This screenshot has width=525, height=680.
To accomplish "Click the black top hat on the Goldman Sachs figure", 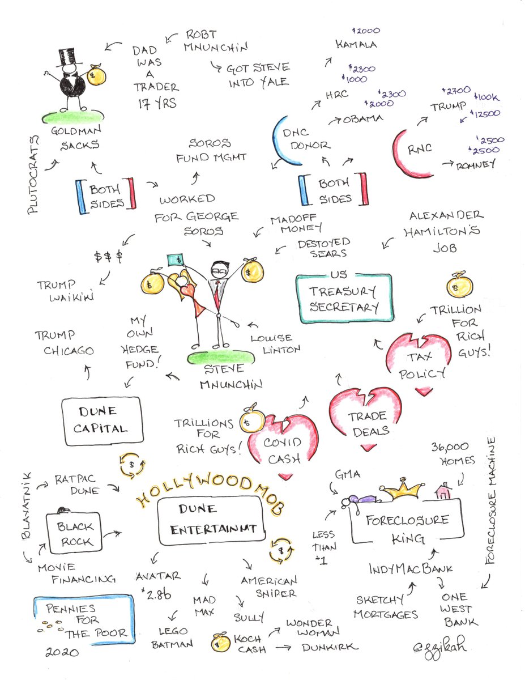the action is click(67, 57).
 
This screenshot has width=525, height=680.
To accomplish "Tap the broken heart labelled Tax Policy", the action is click(419, 364).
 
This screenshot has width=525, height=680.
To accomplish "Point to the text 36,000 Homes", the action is click(453, 454).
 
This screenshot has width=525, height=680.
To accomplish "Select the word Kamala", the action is click(356, 44).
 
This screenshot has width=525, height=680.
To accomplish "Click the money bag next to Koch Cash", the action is click(220, 643).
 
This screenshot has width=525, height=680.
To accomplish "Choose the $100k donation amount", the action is click(486, 97).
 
